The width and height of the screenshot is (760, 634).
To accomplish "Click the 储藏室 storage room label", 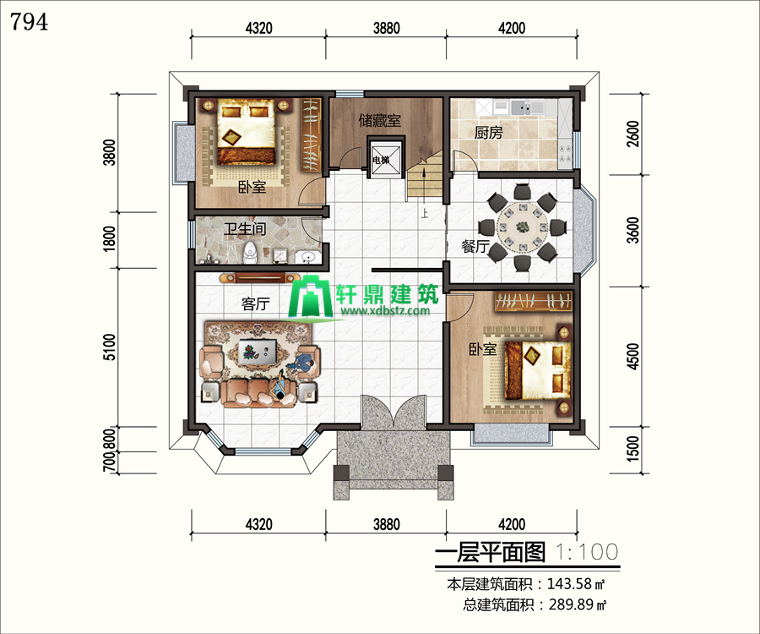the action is pyautogui.click(x=380, y=120).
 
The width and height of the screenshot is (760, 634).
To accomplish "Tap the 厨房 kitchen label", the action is pyautogui.click(x=488, y=133).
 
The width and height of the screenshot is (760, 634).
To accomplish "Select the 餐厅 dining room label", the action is pyautogui.click(x=475, y=247).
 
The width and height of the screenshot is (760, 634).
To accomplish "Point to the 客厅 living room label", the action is pyautogui.click(x=255, y=304).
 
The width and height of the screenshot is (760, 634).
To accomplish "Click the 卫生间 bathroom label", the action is pyautogui.click(x=245, y=228).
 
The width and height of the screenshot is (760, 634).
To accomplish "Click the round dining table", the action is pyautogui.click(x=523, y=227).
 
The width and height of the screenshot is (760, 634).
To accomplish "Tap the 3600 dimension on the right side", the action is pyautogui.click(x=633, y=230).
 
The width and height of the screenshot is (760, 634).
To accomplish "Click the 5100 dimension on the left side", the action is pyautogui.click(x=110, y=347).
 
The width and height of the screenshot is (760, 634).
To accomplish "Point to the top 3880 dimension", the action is pyautogui.click(x=386, y=28).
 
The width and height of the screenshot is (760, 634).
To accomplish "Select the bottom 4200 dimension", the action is pyautogui.click(x=512, y=524).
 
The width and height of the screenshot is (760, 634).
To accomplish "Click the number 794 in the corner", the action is pyautogui.click(x=29, y=22).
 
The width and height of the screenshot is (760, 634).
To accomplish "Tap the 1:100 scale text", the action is pyautogui.click(x=587, y=552).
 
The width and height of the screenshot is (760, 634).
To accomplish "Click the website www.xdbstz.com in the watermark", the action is pyautogui.click(x=385, y=310).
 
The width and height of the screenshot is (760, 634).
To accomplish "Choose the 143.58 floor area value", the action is pyautogui.click(x=570, y=583).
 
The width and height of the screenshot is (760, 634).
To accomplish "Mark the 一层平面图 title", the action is pyautogui.click(x=490, y=553).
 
